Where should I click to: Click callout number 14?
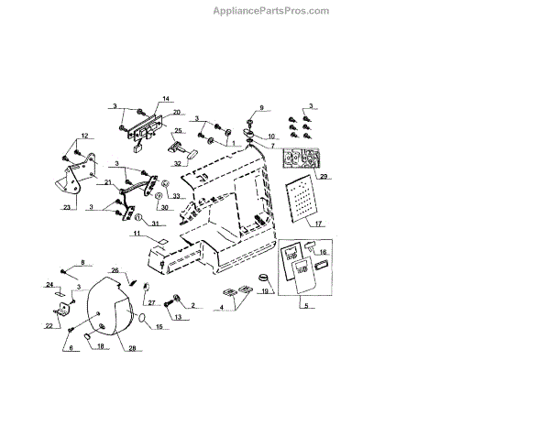coord(167,99)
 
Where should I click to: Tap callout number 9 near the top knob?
coord(260,108)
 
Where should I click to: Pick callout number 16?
coord(322,251)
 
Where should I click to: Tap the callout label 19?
coord(266,292)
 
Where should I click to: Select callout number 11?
coord(135,235)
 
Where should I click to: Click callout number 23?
coord(67,207)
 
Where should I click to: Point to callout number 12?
coord(83,137)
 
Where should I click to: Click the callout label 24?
coord(49,286)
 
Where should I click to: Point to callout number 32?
coord(178,164)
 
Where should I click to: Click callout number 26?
coord(115,270)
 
